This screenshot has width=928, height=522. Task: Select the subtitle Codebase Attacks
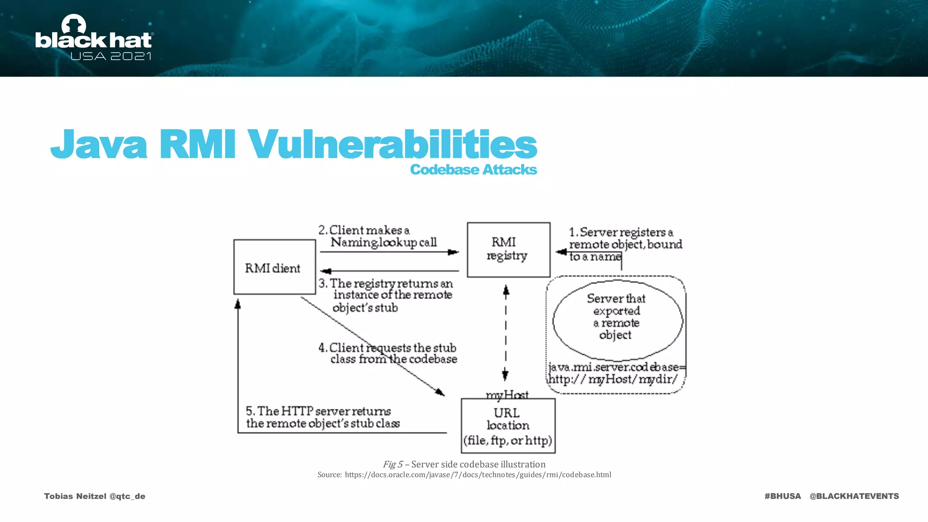pyautogui.click(x=474, y=169)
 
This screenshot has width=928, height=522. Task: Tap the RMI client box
pyautogui.click(x=274, y=267)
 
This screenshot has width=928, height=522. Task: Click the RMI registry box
pyautogui.click(x=508, y=250)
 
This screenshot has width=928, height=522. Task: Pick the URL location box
pyautogui.click(x=508, y=425)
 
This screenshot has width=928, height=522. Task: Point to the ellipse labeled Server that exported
pyautogui.click(x=617, y=320)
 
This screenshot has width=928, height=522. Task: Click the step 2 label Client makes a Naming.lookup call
pyautogui.click(x=377, y=237)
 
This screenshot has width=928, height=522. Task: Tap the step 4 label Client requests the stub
pyautogui.click(x=388, y=353)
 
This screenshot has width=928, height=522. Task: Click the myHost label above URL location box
pyautogui.click(x=507, y=395)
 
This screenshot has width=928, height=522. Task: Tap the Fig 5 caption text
pyautogui.click(x=464, y=464)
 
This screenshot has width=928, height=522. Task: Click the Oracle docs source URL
pyautogui.click(x=478, y=474)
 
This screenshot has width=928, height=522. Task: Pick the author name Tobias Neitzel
pyautogui.click(x=75, y=496)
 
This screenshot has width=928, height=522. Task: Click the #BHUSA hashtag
pyautogui.click(x=783, y=496)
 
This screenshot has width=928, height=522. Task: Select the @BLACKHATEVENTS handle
pyautogui.click(x=854, y=496)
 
